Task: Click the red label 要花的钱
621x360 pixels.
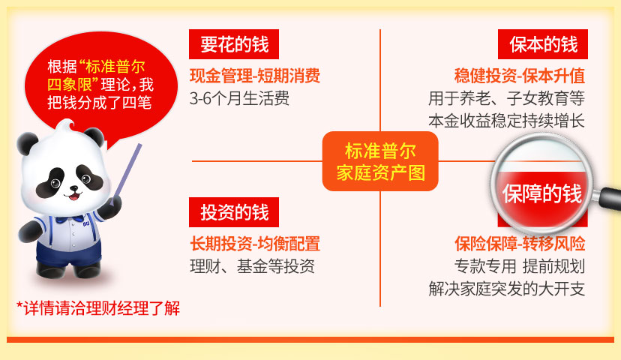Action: click(x=234, y=44)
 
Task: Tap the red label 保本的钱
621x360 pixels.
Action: click(x=542, y=44)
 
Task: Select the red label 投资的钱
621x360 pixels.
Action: click(x=234, y=212)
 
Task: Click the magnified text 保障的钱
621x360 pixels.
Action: click(x=541, y=193)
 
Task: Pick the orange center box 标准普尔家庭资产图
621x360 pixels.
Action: click(x=380, y=161)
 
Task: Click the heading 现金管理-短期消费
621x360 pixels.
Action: click(x=255, y=76)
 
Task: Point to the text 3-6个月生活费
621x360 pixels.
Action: click(x=239, y=98)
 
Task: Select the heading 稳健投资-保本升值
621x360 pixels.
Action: click(x=520, y=76)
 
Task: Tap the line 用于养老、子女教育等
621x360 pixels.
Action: click(x=506, y=98)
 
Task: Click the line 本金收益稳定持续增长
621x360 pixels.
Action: click(x=506, y=121)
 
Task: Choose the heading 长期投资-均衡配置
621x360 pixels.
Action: click(x=255, y=244)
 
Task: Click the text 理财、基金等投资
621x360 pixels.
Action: click(x=252, y=266)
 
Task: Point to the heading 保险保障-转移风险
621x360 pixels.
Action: click(x=520, y=244)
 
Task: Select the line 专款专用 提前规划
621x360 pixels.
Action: click(x=520, y=266)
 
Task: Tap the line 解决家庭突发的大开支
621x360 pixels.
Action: click(x=506, y=289)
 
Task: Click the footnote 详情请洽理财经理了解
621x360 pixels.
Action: click(x=98, y=308)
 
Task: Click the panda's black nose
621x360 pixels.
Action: click(x=73, y=188)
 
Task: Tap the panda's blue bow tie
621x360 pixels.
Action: click(x=70, y=219)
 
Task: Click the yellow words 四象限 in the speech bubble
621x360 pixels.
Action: click(x=70, y=85)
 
